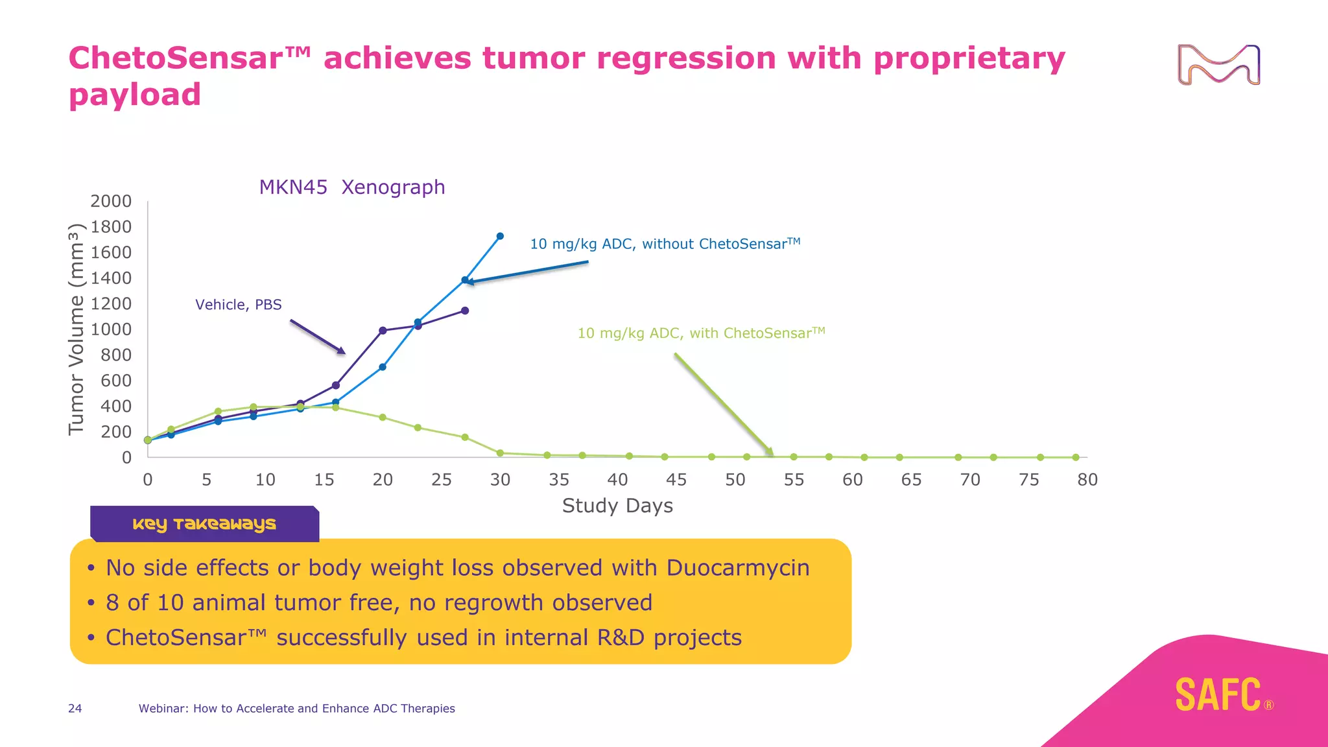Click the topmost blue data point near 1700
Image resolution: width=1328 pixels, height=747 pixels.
pyautogui.click(x=500, y=236)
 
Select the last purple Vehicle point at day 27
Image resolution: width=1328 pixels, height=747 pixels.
pyautogui.click(x=465, y=311)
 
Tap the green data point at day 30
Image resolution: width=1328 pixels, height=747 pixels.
pyautogui.click(x=500, y=453)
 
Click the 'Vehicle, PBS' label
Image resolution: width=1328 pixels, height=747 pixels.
pyautogui.click(x=238, y=305)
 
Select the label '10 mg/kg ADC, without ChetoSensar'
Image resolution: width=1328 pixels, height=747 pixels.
pyautogui.click(x=665, y=244)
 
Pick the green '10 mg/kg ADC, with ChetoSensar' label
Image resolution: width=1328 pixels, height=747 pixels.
pyautogui.click(x=700, y=333)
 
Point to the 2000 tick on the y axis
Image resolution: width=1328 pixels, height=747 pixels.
pyautogui.click(x=111, y=201)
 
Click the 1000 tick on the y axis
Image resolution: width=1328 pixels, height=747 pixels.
pyautogui.click(x=111, y=329)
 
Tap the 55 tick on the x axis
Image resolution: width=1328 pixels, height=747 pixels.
pyautogui.click(x=794, y=480)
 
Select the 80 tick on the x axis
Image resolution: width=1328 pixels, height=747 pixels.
pyautogui.click(x=1087, y=480)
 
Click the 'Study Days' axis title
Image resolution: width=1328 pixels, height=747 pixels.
pyautogui.click(x=617, y=506)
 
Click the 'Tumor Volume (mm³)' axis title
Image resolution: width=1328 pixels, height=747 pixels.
pyautogui.click(x=77, y=329)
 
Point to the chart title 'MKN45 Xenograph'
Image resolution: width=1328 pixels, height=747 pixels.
pyautogui.click(x=351, y=187)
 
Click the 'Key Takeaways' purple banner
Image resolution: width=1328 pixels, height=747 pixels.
pyautogui.click(x=204, y=524)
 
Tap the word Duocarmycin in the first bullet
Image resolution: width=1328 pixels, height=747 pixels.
pyautogui.click(x=738, y=568)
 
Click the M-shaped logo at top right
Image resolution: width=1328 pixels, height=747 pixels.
pyautogui.click(x=1218, y=65)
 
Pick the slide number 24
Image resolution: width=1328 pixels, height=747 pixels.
pyautogui.click(x=75, y=709)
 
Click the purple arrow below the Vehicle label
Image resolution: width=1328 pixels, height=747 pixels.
pyautogui.click(x=318, y=337)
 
